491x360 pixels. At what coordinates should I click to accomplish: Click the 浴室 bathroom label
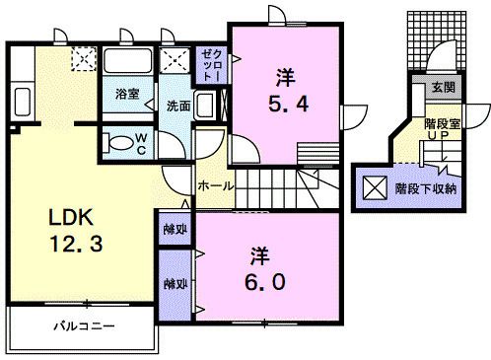tap(127, 94)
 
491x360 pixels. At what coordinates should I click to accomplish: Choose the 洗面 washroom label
tap(177, 107)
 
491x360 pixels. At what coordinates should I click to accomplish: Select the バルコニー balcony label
tap(85, 325)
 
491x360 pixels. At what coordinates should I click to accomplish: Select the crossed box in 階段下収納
tap(377, 187)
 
